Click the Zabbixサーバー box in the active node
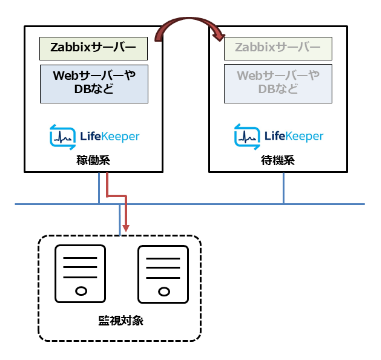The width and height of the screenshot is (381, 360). point(93,48)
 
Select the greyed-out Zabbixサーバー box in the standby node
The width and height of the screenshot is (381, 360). point(278,48)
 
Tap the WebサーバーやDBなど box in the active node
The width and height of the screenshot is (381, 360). point(94,84)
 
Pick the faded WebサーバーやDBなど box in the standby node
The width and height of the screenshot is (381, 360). point(278,84)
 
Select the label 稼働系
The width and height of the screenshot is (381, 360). point(93,161)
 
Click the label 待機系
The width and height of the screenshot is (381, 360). point(278,161)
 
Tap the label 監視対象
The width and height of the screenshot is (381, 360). point(121,321)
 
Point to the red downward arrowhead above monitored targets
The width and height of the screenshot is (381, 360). point(126,228)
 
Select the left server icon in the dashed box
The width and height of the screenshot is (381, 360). point(80,274)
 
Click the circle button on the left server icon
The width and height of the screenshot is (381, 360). point(81,291)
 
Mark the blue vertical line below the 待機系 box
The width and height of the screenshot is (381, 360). point(284,188)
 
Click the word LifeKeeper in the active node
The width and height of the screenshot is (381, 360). point(110,136)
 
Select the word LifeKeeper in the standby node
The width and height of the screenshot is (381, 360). point(294,136)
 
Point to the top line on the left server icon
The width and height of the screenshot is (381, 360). point(80,258)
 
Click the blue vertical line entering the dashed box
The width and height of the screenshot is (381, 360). point(120,220)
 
